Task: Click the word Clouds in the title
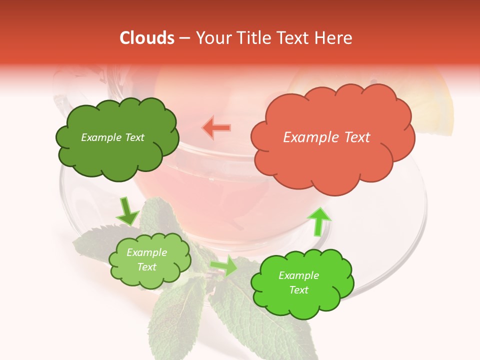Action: (147, 38)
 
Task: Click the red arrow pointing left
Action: (217, 128)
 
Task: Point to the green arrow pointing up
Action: (318, 221)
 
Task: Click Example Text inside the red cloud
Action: (326, 137)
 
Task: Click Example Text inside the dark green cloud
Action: (112, 137)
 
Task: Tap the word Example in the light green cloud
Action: (146, 252)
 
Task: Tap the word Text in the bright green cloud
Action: (298, 290)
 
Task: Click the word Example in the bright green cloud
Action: (298, 275)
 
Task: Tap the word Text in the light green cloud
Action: (146, 267)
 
